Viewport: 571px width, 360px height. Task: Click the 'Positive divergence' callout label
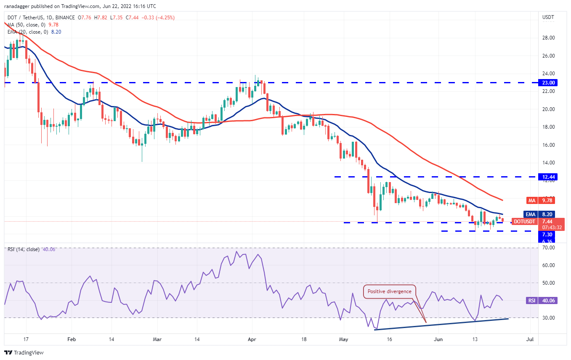390,291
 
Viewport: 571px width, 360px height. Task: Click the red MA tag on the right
532,200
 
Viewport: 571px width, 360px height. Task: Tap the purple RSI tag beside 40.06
531,300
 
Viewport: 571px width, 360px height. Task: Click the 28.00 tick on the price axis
548,38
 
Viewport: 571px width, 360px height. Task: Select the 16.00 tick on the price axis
548,145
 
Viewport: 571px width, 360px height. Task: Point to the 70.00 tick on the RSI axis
548,248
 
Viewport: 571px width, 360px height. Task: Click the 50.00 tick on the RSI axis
548,283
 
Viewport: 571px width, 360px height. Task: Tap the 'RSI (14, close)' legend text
24,249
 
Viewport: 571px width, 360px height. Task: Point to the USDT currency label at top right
548,18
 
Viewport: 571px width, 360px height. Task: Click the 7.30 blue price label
547,234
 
